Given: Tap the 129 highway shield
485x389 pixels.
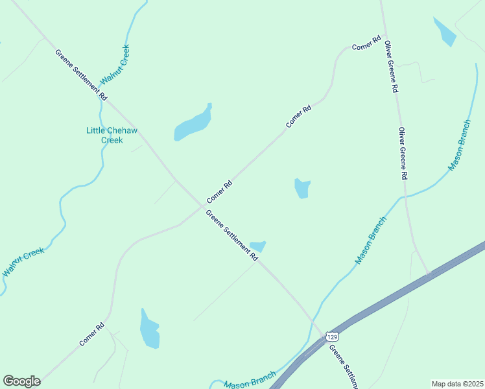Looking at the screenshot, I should [x=332, y=336].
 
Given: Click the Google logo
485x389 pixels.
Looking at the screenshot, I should [x=21, y=381].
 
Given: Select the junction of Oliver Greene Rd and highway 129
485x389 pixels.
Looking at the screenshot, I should [x=428, y=274].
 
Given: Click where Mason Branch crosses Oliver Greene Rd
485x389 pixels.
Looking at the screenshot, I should [x=404, y=196].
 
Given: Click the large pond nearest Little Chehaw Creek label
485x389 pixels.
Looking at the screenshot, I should [x=193, y=123].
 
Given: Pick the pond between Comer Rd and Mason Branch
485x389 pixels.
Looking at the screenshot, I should [x=302, y=188].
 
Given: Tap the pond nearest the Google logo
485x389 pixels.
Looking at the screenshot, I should [x=150, y=329].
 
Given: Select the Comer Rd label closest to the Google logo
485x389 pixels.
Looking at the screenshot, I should [x=92, y=334].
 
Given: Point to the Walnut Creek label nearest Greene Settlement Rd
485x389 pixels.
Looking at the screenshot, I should [x=115, y=66].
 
